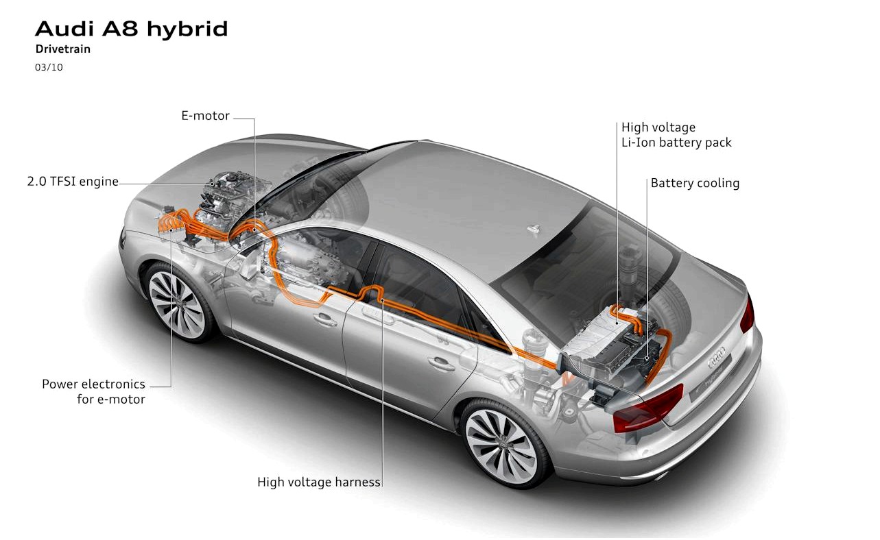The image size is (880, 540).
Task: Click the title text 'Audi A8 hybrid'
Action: click(x=132, y=29)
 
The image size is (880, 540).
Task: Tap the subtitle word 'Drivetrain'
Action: click(x=63, y=49)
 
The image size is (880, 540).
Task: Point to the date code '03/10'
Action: click(x=49, y=67)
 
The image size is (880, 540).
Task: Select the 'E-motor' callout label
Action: click(x=205, y=116)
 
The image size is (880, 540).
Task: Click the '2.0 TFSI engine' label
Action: click(x=73, y=182)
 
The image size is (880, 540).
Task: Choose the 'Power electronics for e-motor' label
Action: click(x=93, y=392)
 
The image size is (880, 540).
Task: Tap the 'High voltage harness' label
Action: click(x=319, y=482)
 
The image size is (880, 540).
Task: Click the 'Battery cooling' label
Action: click(x=695, y=183)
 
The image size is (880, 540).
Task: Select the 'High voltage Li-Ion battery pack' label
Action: click(x=676, y=135)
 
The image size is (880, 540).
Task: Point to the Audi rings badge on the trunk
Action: click(x=717, y=358)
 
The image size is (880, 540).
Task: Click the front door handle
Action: click(x=325, y=320)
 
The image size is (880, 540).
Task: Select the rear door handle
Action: click(x=441, y=364)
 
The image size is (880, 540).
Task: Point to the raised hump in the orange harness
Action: click(x=371, y=291)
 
